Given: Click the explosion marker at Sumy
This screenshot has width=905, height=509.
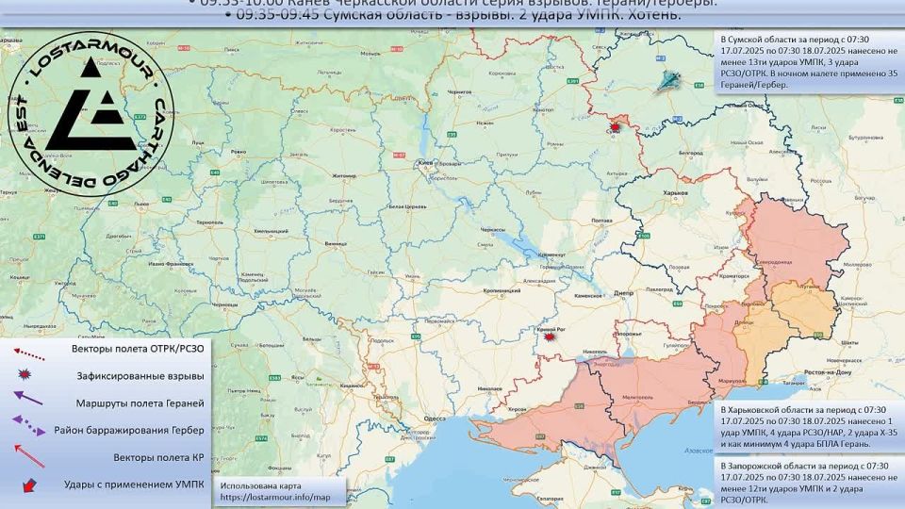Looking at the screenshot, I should (616, 126).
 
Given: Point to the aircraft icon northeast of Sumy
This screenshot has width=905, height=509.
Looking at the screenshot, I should (671, 81).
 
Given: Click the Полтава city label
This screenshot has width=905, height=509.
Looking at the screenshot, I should (601, 222).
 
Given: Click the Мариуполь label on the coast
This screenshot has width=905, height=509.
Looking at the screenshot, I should (733, 380).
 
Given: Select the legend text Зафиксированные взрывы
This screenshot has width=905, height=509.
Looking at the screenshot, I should (140, 375).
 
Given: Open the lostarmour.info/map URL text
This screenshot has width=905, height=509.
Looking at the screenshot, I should (275, 497).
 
